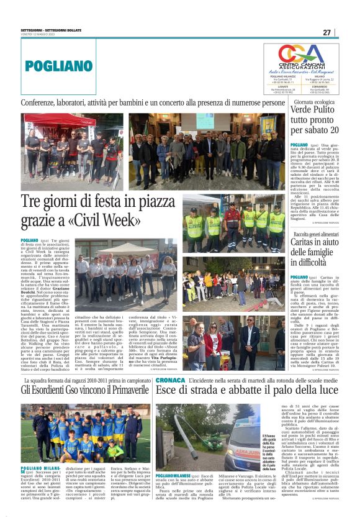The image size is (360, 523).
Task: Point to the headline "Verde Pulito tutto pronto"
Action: tap(315, 121)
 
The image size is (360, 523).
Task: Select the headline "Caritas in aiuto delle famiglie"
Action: tap(315, 252)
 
